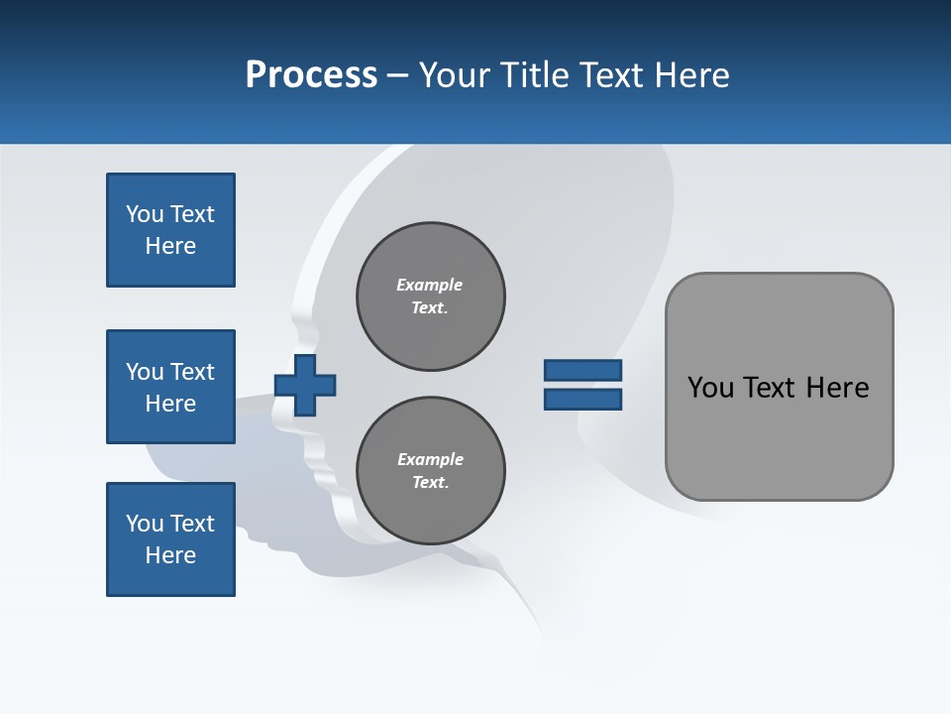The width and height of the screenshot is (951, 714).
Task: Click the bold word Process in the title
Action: (311, 75)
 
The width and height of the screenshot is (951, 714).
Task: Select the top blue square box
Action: (170, 230)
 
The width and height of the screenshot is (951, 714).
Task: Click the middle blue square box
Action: (170, 387)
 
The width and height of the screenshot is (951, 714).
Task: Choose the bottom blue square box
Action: (170, 539)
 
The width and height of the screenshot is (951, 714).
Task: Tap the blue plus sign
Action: (305, 385)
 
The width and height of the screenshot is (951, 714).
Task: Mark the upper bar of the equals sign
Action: (582, 370)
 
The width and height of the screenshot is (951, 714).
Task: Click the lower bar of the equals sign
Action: (582, 399)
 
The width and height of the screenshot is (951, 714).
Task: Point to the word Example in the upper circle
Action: (429, 285)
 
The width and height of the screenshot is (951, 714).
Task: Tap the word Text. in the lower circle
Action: (430, 482)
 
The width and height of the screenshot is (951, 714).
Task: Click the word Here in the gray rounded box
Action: (837, 388)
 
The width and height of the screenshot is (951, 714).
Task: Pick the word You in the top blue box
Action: (145, 214)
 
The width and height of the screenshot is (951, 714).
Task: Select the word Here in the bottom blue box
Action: (170, 555)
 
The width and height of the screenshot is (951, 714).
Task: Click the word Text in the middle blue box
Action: (191, 372)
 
